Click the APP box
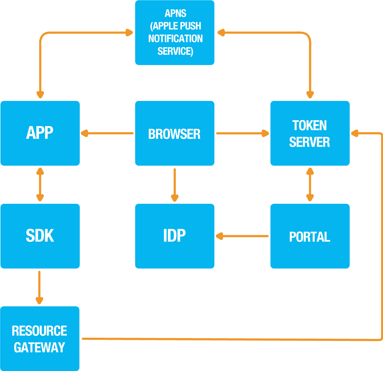pyautogui.click(x=40, y=133)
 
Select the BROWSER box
pyautogui.click(x=175, y=133)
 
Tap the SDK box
pyautogui.click(x=40, y=236)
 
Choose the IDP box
pyautogui.click(x=175, y=236)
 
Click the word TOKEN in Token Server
pyautogui.click(x=310, y=125)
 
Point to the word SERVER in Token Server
pyautogui.click(x=310, y=142)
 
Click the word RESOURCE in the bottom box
pyautogui.click(x=39, y=331)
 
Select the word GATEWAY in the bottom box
pyautogui.click(x=39, y=347)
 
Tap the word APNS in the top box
pyautogui.click(x=175, y=13)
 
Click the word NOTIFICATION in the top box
pyautogui.click(x=175, y=39)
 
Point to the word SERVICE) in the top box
pyautogui.click(x=175, y=51)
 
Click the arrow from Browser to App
pyautogui.click(x=107, y=133)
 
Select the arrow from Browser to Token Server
pyautogui.click(x=242, y=133)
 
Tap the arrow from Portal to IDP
pyautogui.click(x=242, y=236)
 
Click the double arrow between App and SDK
pyautogui.click(x=40, y=184)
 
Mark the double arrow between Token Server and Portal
pyautogui.click(x=310, y=184)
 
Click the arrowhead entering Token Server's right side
pyautogui.click(x=355, y=133)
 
